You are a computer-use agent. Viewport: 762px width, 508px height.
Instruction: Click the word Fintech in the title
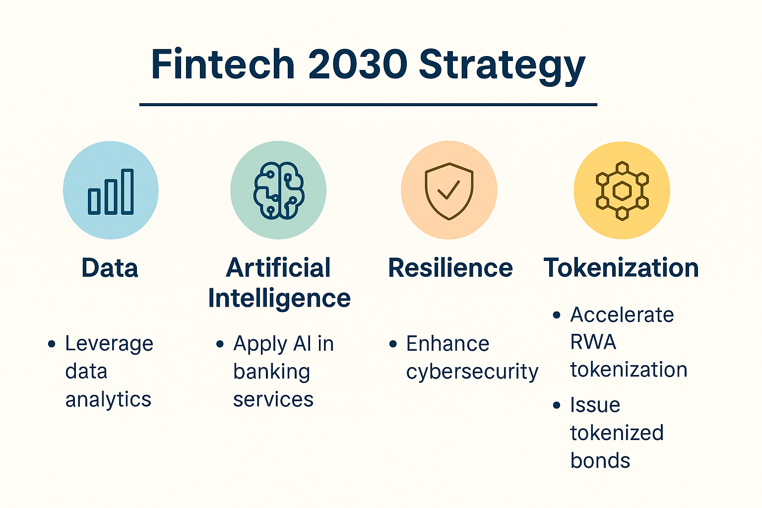[x=223, y=64]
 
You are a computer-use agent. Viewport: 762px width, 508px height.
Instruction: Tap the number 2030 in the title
[x=357, y=64]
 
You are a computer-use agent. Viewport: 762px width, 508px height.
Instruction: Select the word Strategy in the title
[x=502, y=65]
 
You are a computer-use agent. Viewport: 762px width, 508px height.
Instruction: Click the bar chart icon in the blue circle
[x=111, y=191]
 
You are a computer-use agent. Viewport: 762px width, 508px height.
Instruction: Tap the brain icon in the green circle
[x=279, y=190]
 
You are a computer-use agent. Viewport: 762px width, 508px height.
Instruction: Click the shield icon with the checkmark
[x=449, y=190]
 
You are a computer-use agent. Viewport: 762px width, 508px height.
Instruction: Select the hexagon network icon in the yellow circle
[x=622, y=190]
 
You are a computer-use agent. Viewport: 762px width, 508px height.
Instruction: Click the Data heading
[x=110, y=268]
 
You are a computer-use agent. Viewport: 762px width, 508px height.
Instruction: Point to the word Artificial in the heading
[x=278, y=268]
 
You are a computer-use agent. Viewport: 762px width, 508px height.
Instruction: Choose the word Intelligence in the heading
[x=279, y=298]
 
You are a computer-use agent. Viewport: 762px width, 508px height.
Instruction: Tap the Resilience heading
[x=450, y=268]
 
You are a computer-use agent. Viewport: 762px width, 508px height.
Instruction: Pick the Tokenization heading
[x=621, y=268]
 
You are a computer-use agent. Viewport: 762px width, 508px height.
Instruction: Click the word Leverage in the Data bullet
[x=109, y=344]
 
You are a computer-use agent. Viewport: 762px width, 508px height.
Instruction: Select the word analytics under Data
[x=108, y=399]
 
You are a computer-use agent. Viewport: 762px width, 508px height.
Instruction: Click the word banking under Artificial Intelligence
[x=272, y=372]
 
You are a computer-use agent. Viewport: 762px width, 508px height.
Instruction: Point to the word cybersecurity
[x=472, y=372]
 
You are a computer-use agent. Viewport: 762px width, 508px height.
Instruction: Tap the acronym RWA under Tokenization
[x=593, y=342]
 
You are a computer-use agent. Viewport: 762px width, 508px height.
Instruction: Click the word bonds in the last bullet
[x=600, y=460]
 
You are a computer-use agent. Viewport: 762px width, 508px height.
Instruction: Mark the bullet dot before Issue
[x=557, y=405]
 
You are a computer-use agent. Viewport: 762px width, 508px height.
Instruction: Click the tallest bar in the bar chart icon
[x=127, y=191]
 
